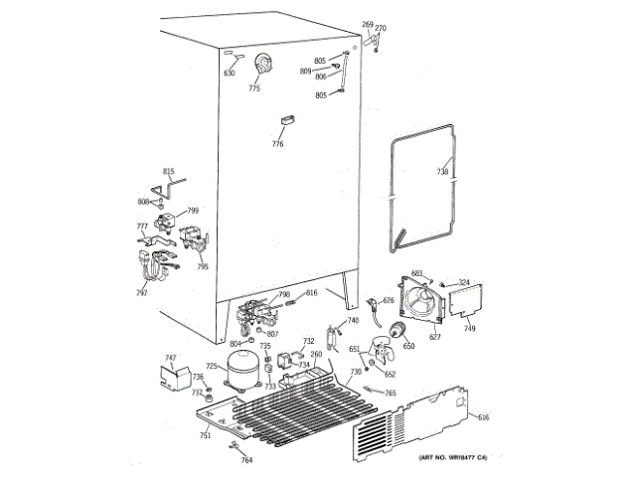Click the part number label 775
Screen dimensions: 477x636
pyautogui.click(x=254, y=89)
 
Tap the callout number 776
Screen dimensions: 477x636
pyautogui.click(x=277, y=144)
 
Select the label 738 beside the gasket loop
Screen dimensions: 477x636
pyautogui.click(x=442, y=172)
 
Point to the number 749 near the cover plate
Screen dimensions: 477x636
pyautogui.click(x=469, y=328)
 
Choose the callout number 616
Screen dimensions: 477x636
pyautogui.click(x=484, y=418)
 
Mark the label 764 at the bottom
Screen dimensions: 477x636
pyautogui.click(x=246, y=460)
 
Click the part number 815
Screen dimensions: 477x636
pyautogui.click(x=168, y=172)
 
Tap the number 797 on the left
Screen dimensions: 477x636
pyautogui.click(x=142, y=293)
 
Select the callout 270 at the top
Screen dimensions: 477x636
pyautogui.click(x=380, y=28)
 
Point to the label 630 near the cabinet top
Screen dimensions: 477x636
pyautogui.click(x=230, y=74)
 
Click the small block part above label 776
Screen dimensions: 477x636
pyautogui.click(x=288, y=119)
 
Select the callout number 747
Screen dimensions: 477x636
pyautogui.click(x=170, y=357)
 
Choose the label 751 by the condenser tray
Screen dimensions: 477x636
pyautogui.click(x=205, y=435)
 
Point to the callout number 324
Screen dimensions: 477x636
pyautogui.click(x=463, y=284)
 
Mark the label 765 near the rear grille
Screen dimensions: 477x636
pyautogui.click(x=391, y=394)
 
